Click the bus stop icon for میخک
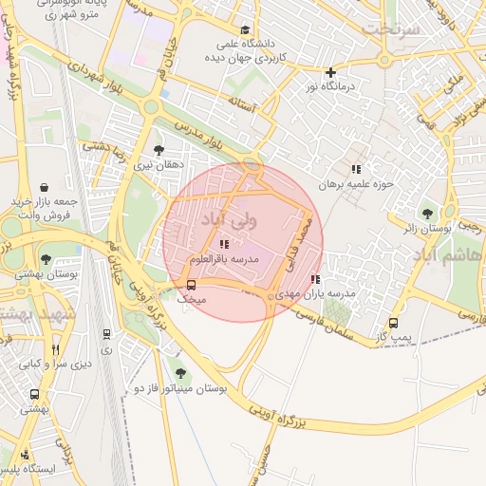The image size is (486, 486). point(192,285)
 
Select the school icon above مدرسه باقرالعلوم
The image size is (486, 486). point(223,245)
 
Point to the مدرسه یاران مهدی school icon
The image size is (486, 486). point(315,280)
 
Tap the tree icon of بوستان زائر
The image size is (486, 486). point(426,214)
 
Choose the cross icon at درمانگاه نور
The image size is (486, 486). point(330,72)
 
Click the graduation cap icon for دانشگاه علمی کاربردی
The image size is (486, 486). point(246,30)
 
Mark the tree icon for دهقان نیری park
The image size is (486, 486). point(159,150)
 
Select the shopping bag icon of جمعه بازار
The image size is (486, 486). point(45,187)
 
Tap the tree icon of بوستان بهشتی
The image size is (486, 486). point(46,258)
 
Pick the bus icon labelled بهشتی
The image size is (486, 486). point(34,394)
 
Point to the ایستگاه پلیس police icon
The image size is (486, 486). point(25,454)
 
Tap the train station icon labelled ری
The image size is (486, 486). point(105,334)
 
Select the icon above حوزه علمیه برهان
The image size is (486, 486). point(356,168)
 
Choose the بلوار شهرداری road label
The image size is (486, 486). point(97,76)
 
